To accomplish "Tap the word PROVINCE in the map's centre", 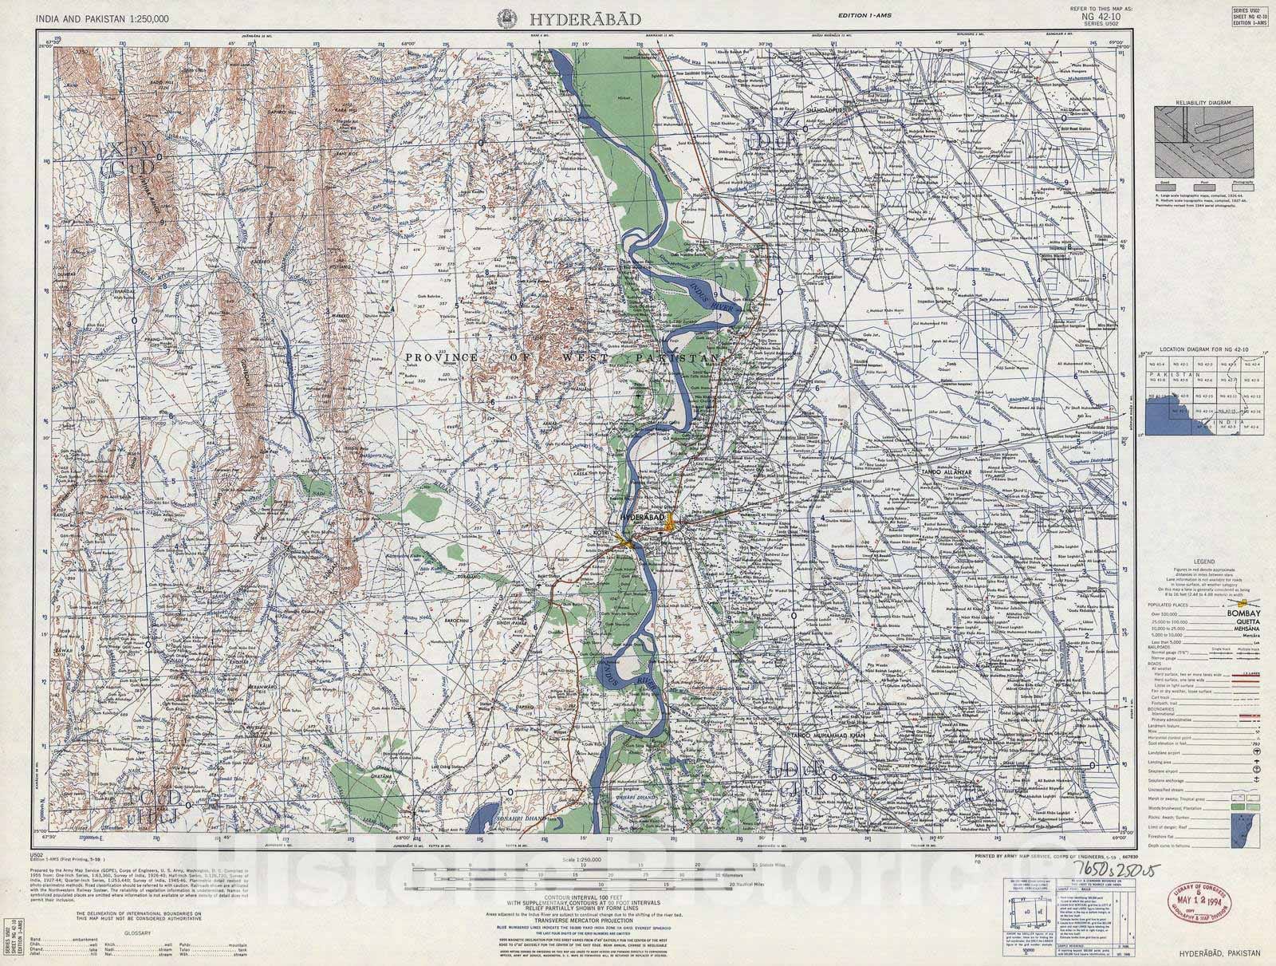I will pyautogui.click(x=437, y=358).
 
